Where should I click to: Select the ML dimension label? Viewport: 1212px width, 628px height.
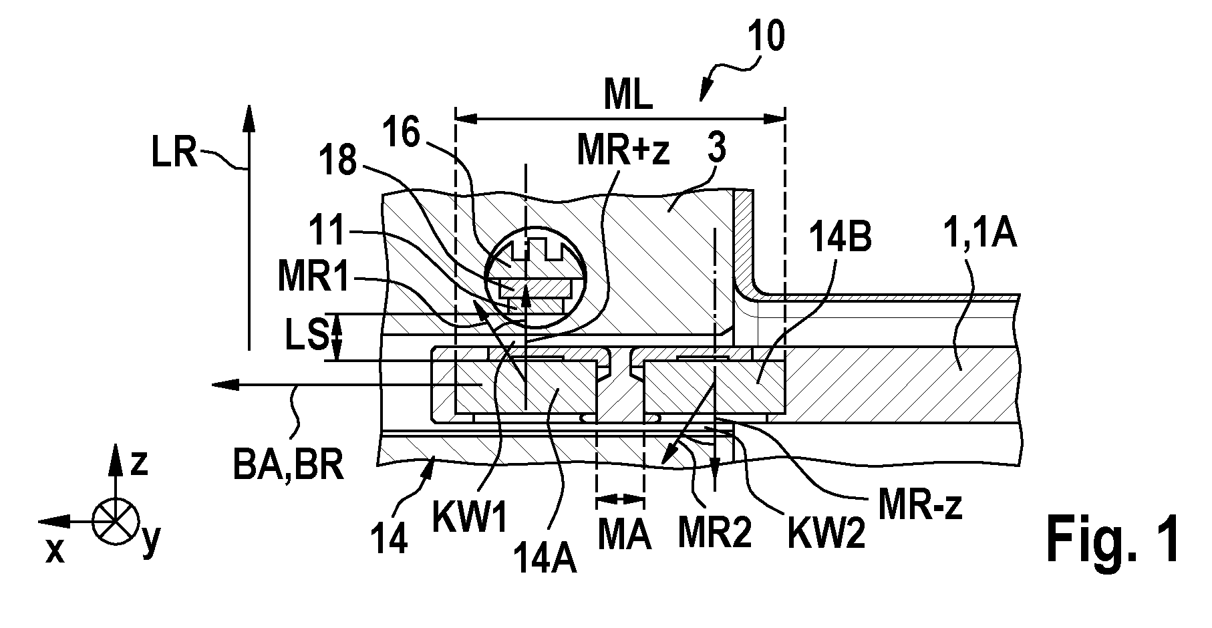point(627,98)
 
